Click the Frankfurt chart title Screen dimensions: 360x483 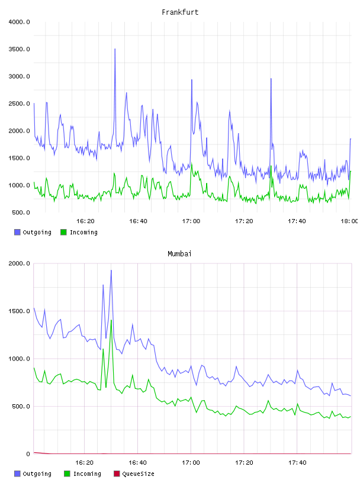[x=180, y=12]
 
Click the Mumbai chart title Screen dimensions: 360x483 [x=179, y=254]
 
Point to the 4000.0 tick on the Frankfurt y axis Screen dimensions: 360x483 [x=19, y=22]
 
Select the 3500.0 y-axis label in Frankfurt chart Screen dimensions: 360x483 [x=19, y=49]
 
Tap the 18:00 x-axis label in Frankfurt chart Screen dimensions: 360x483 [x=349, y=221]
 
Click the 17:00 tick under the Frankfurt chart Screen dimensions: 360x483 [x=191, y=221]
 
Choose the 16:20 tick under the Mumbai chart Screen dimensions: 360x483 [x=85, y=463]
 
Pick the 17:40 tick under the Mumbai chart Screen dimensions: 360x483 [x=297, y=463]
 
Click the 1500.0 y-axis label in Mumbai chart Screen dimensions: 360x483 [x=19, y=311]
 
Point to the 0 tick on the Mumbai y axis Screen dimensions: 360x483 [x=28, y=454]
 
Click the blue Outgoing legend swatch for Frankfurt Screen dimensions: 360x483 [x=17, y=232]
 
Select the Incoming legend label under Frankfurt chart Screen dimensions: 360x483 [x=83, y=232]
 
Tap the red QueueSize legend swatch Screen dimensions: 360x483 [x=117, y=474]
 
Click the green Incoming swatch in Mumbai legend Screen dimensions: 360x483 [x=67, y=474]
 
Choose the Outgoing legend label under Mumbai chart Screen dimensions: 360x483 [x=37, y=474]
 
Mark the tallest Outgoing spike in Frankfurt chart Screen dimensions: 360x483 [x=115, y=49]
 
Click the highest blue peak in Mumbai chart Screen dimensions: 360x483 [x=111, y=271]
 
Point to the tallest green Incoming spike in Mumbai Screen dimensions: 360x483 [x=111, y=320]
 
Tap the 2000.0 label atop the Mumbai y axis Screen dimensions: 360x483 [x=19, y=263]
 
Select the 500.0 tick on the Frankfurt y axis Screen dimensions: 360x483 [x=21, y=212]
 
